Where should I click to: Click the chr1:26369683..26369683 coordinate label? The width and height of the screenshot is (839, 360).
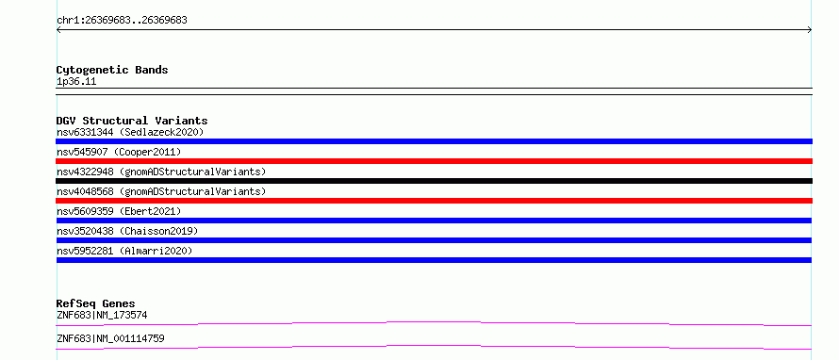click(x=122, y=21)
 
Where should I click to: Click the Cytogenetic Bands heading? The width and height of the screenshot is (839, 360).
click(x=112, y=70)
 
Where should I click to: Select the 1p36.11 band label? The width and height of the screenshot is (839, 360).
click(x=76, y=82)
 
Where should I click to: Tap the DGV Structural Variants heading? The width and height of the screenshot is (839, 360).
click(x=132, y=121)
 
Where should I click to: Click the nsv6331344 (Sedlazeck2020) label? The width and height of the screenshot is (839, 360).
click(x=130, y=132)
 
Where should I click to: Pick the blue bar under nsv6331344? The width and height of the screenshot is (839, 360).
click(x=434, y=141)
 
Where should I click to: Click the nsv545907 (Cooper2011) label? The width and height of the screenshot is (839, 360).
click(x=119, y=152)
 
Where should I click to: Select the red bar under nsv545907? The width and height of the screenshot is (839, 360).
click(x=434, y=161)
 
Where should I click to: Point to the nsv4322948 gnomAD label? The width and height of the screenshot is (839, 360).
click(x=161, y=172)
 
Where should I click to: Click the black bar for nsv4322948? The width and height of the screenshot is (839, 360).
click(x=434, y=181)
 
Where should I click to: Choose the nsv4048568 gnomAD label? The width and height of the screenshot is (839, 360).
click(x=161, y=191)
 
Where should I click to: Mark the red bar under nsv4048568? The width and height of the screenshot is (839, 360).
click(x=434, y=201)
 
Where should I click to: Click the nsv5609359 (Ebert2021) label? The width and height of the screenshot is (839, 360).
click(x=119, y=211)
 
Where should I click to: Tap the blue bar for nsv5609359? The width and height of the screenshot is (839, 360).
click(x=434, y=221)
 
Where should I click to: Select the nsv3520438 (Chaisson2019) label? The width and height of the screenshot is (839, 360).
click(x=127, y=231)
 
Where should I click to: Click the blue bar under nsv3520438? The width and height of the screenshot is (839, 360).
click(x=434, y=240)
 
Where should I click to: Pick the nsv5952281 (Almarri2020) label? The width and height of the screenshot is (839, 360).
click(x=124, y=251)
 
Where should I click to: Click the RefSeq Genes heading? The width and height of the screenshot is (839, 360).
click(x=95, y=303)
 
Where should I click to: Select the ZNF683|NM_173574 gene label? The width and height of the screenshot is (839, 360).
click(x=102, y=316)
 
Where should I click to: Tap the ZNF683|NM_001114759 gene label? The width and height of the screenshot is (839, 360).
click(x=110, y=339)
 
